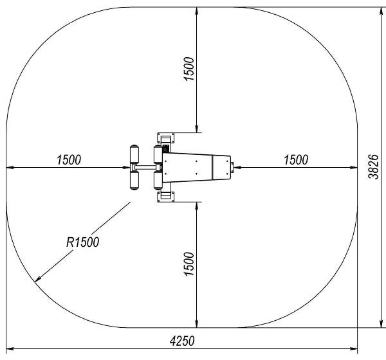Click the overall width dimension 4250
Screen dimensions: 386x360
point(182,341)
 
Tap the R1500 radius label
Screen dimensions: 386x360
point(83,242)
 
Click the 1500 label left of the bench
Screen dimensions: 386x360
point(69,159)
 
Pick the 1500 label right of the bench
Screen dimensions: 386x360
point(296,159)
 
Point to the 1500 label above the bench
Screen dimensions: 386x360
point(189,69)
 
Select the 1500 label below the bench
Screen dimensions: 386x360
point(189,264)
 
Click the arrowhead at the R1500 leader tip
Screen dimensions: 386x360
point(38,279)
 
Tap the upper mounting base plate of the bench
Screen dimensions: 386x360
point(166,138)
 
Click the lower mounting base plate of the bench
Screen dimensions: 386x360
point(166,197)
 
